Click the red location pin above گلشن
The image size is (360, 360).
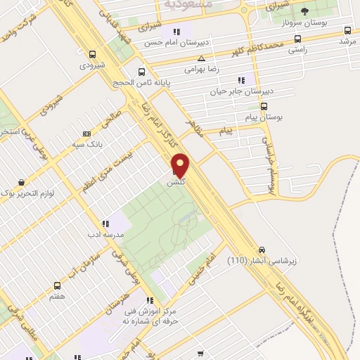click(181, 165)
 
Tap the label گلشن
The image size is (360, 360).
click(176, 181)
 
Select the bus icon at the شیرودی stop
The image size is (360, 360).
click(93, 54)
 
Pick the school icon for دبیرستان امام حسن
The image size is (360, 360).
click(176, 32)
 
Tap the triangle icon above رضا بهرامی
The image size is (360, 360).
click(202, 58)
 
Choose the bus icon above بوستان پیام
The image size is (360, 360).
click(264, 106)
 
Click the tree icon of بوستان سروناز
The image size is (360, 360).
click(304, 12)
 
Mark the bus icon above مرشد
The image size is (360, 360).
click(347, 30)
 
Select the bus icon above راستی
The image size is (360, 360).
click(297, 39)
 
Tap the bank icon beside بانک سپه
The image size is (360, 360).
click(87, 134)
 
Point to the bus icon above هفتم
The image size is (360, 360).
click(57, 285)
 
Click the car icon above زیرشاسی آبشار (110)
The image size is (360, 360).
click(262, 250)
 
